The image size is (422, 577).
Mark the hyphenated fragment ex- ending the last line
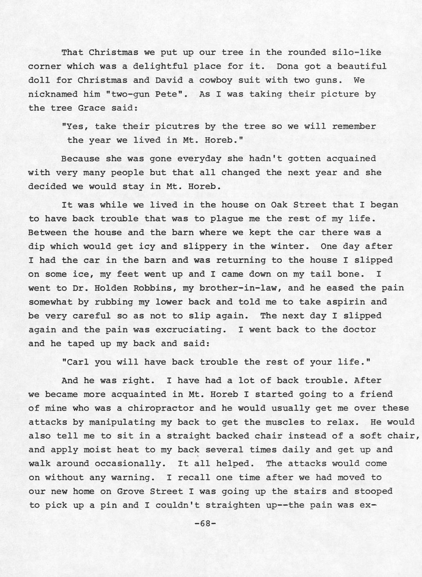(x=368, y=505)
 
